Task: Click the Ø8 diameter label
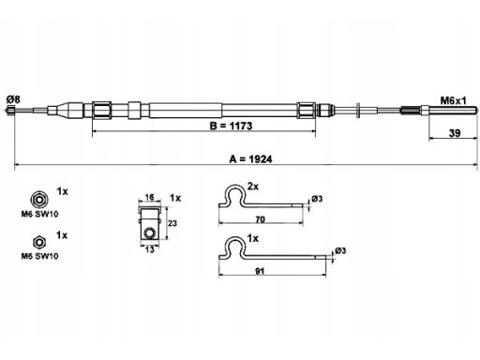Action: [x=13, y=99]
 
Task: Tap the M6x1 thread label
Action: [x=453, y=100]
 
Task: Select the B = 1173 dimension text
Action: [x=231, y=126]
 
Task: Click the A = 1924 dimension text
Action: [x=251, y=159]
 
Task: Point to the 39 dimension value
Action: [x=455, y=133]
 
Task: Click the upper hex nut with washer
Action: [x=38, y=199]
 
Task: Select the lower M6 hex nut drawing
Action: [x=39, y=242]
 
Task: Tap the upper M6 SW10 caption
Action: [x=39, y=214]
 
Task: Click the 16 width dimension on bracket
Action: [x=150, y=197]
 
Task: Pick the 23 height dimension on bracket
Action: [x=172, y=223]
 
